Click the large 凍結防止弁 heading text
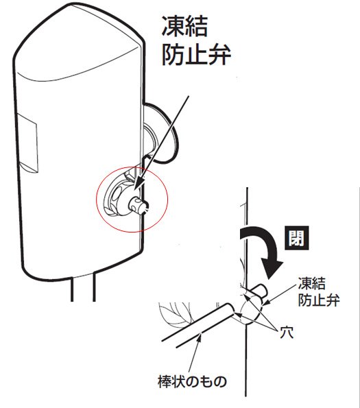pos(196,40)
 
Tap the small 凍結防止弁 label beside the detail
pos(319,292)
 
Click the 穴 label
pos(287,333)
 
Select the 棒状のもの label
pos(192,381)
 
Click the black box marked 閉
pos(297,238)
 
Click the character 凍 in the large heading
pos(172,26)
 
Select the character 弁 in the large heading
pos(219,55)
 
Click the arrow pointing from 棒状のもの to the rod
pos(194,353)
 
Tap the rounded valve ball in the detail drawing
pos(251,311)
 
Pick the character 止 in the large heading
pos(195,55)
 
